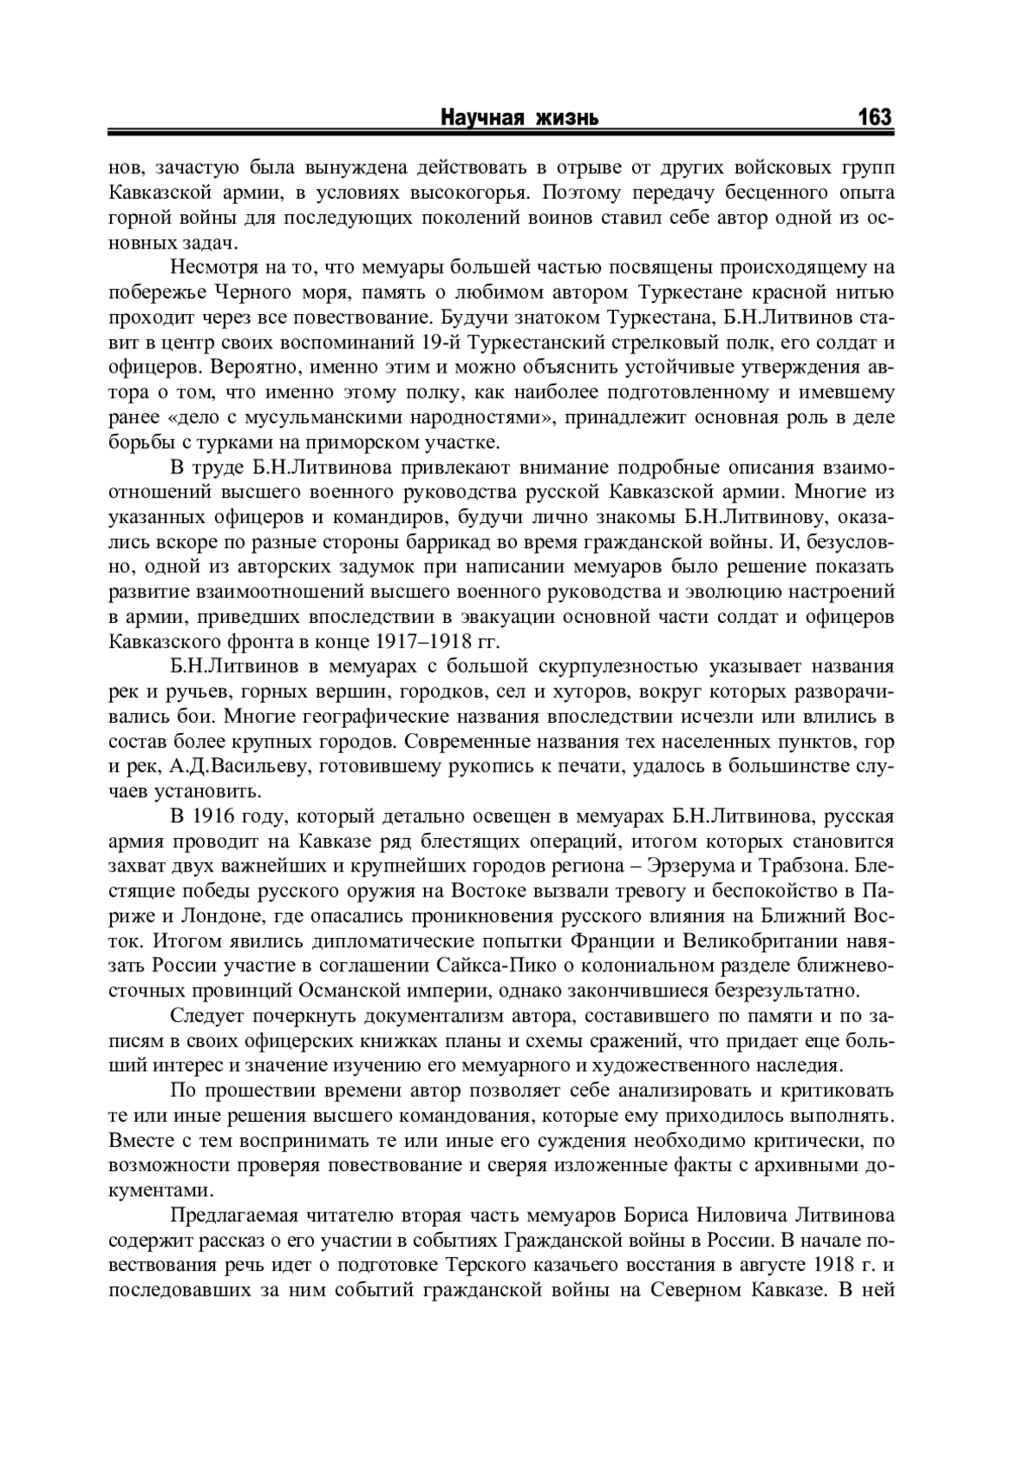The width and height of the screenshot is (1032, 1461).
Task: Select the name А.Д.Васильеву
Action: (x=237, y=767)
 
